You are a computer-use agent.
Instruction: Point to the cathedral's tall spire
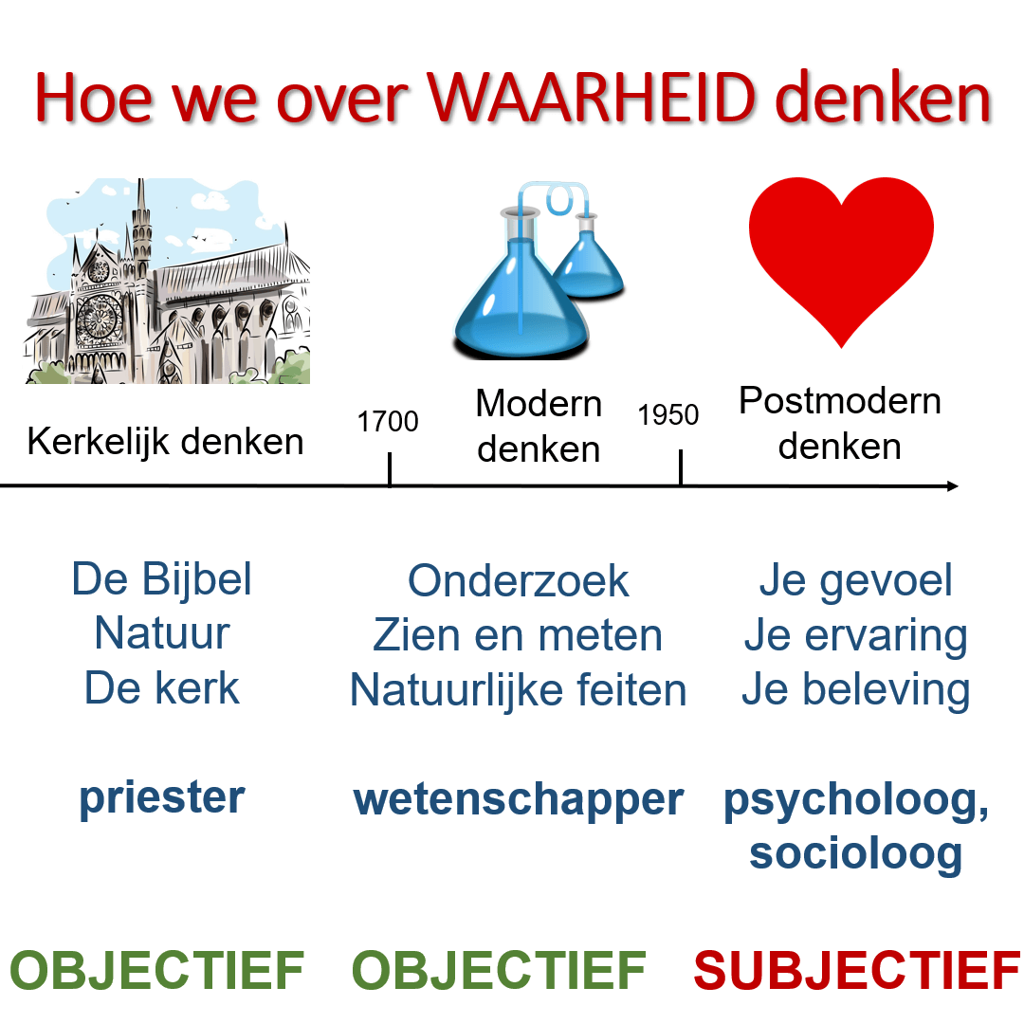tap(141, 218)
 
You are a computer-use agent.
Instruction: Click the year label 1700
tap(388, 421)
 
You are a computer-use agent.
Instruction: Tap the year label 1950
tap(668, 415)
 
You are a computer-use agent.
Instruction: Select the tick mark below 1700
tap(390, 469)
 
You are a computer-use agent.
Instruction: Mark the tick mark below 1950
tap(681, 469)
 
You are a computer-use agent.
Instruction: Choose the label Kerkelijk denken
tap(165, 441)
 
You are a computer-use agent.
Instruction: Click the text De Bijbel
tap(162, 579)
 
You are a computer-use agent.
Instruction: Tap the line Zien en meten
tap(518, 634)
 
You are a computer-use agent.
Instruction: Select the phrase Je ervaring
tap(855, 636)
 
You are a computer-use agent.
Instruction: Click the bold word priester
tap(162, 798)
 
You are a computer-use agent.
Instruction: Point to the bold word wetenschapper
tap(518, 799)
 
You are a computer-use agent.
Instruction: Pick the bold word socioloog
tap(855, 853)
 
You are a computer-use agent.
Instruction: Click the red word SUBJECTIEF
tap(856, 970)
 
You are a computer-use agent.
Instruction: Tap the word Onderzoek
tap(518, 580)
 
